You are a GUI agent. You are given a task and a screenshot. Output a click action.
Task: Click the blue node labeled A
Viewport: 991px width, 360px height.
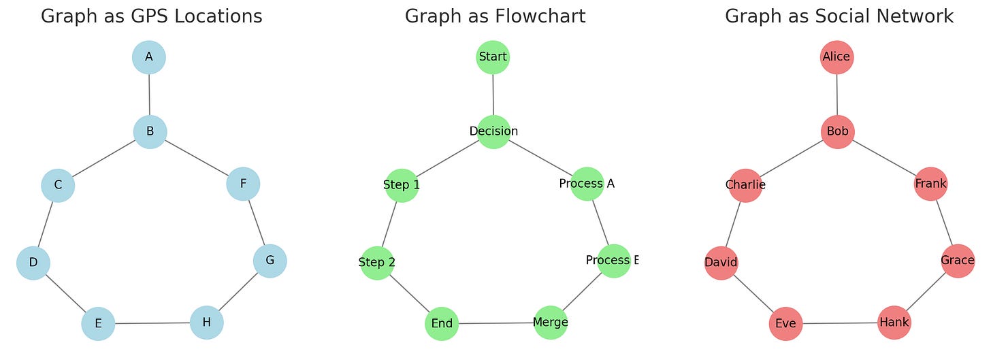click(149, 57)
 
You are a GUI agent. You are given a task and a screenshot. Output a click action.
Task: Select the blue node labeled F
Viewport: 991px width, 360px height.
click(243, 184)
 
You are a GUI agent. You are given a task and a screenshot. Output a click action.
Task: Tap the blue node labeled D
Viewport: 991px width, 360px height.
click(33, 263)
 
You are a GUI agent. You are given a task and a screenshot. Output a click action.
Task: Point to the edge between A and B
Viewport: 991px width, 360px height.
click(149, 94)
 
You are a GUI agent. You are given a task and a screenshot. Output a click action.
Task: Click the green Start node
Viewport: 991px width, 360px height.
click(493, 57)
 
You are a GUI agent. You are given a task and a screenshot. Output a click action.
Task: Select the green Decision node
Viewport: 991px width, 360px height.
click(493, 131)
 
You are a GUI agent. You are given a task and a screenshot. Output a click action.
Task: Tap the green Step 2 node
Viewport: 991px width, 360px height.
click(377, 263)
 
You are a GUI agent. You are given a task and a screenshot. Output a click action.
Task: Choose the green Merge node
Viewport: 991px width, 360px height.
click(551, 323)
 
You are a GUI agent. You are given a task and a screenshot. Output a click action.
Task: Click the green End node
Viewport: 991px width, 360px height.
click(442, 324)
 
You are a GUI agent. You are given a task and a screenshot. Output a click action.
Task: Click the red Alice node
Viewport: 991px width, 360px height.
click(836, 57)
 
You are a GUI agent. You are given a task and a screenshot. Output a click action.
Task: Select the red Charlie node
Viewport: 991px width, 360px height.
click(745, 185)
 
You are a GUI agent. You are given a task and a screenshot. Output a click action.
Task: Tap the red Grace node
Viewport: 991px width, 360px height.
click(958, 261)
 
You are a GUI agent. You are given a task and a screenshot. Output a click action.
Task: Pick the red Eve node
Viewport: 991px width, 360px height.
click(785, 324)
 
